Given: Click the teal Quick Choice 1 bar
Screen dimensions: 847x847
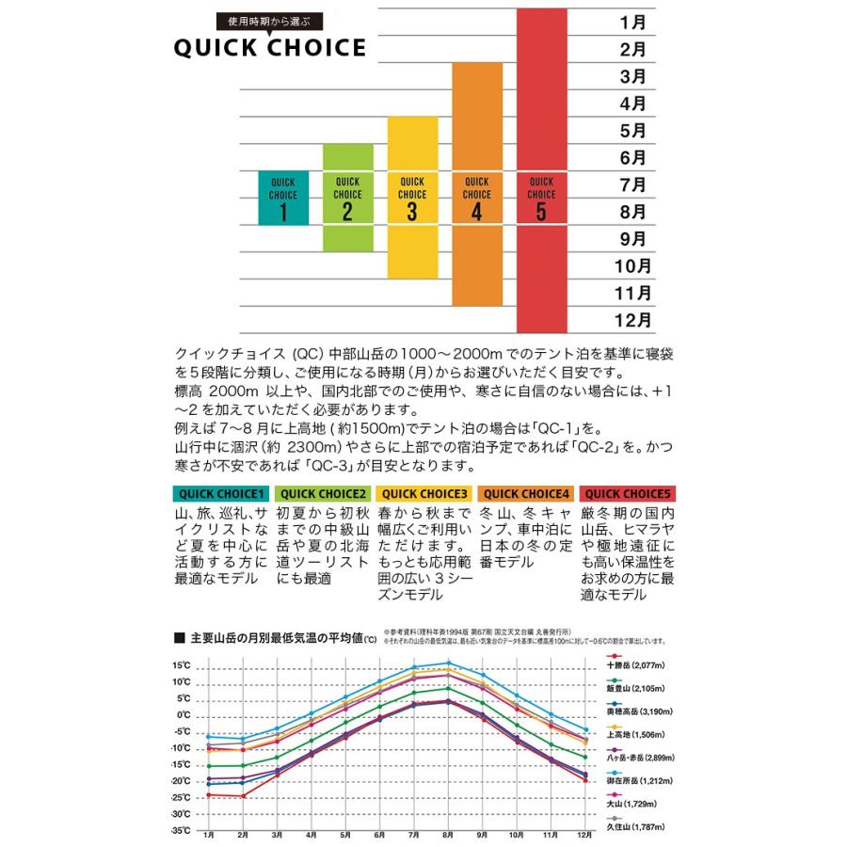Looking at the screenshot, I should [x=283, y=199].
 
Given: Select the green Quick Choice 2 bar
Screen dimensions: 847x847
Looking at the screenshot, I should [x=347, y=198].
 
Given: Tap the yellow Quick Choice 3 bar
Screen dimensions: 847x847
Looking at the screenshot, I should [x=411, y=198].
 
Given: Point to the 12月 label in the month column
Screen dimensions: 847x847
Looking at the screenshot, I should [x=631, y=319].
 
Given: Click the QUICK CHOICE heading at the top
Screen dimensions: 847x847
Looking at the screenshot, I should [x=269, y=49].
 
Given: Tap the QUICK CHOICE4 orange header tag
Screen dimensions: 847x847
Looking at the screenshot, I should [x=527, y=493].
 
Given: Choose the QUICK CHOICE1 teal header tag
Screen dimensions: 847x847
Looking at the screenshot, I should [x=222, y=493].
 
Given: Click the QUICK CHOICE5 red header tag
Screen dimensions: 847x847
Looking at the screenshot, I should [x=628, y=493].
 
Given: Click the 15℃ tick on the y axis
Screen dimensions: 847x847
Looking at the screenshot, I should [x=182, y=666].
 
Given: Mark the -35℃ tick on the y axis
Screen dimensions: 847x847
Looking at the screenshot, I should [x=180, y=830].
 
